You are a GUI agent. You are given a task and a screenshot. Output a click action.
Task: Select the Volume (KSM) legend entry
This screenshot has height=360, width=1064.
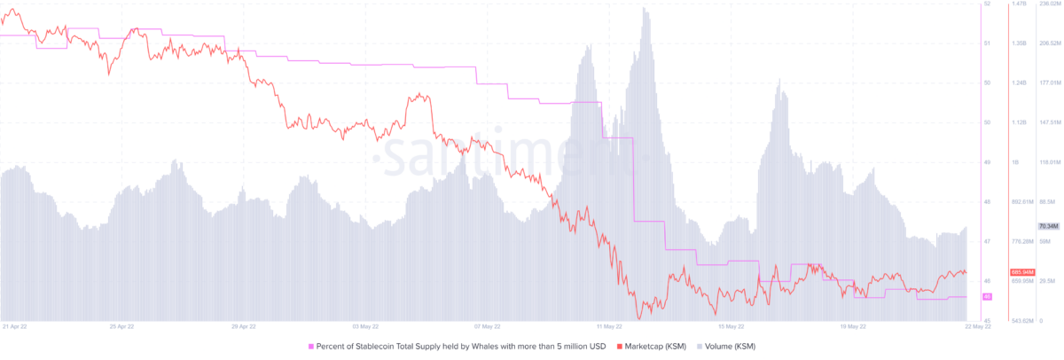click(730, 346)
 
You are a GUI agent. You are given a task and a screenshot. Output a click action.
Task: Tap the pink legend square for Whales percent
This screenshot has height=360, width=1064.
click(310, 346)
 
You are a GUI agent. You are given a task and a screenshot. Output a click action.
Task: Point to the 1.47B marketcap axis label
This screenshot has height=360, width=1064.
click(1018, 4)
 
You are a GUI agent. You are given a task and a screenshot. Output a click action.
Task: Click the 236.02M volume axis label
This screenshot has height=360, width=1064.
click(1050, 4)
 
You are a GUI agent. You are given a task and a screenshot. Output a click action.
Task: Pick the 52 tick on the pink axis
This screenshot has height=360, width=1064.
click(987, 4)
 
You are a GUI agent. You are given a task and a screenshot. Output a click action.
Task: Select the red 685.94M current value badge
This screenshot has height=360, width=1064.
click(1020, 271)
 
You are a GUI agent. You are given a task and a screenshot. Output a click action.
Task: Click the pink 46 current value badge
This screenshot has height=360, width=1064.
click(988, 296)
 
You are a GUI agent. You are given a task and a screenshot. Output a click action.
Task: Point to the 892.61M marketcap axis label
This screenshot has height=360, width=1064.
click(1021, 202)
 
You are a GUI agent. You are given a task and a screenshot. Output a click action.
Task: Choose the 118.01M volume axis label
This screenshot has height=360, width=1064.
click(1050, 162)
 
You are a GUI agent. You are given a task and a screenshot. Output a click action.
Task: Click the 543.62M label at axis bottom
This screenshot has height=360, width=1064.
click(1021, 320)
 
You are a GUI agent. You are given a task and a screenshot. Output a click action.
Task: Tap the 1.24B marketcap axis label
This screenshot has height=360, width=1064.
click(1018, 83)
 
